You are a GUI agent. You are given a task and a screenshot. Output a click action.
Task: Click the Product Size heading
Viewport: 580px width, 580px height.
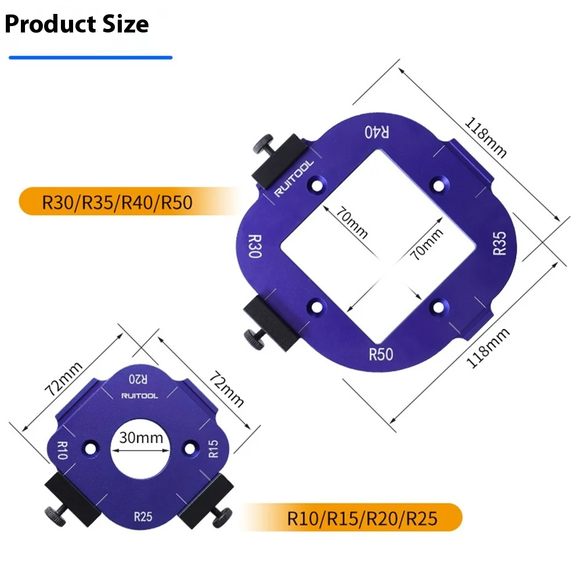click(77, 24)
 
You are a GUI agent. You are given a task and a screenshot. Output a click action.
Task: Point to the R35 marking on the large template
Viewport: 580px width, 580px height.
click(499, 243)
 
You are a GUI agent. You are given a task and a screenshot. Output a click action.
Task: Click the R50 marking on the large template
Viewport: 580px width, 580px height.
click(381, 354)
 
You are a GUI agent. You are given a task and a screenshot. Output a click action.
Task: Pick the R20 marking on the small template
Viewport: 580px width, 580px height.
click(139, 379)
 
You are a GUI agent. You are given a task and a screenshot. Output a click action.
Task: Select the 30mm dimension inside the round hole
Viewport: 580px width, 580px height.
click(141, 438)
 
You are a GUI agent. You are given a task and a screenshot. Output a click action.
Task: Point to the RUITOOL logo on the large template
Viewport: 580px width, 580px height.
click(293, 178)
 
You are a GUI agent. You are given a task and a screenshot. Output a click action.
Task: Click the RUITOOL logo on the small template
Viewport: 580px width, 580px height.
click(139, 396)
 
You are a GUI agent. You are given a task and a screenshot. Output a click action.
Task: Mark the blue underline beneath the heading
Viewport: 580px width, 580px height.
click(90, 57)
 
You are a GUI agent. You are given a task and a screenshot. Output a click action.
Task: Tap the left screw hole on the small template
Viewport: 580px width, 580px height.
click(90, 448)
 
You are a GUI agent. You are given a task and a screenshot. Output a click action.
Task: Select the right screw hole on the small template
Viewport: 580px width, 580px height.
click(189, 448)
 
